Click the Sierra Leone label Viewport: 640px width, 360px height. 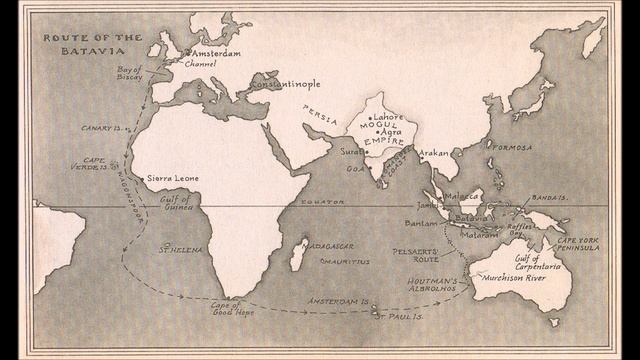172,178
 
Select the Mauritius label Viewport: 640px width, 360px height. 345,262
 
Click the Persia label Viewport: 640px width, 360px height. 321,116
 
